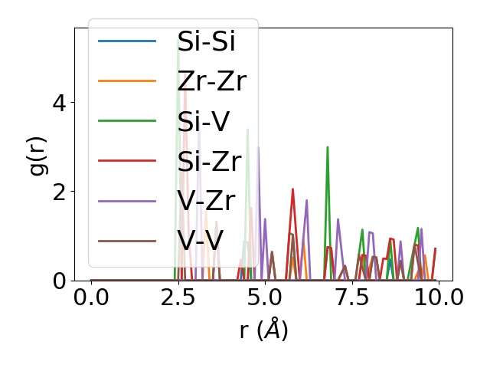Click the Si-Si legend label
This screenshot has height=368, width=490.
coord(206,41)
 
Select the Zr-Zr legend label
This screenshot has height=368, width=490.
coord(211,81)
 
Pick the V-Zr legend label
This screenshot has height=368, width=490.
coord(205,201)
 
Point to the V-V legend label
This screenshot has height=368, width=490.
coord(200,241)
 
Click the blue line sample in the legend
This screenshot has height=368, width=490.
coord(127,41)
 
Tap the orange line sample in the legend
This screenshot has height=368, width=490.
coord(127,81)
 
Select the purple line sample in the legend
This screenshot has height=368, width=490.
coord(127,201)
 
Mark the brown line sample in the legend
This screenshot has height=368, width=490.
coord(127,241)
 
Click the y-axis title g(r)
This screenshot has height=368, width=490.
coord(38,154)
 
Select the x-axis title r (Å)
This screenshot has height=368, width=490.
coord(264,330)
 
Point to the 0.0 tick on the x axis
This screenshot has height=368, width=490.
coord(91,297)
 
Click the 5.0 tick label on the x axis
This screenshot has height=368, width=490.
coord(265,297)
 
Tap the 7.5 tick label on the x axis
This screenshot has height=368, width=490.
coord(351,297)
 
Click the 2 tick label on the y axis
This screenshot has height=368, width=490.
coord(60,192)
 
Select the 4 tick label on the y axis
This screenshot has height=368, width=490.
coord(60,103)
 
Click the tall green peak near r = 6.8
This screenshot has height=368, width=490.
coord(328,147)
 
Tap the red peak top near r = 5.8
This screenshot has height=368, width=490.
coord(292,189)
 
